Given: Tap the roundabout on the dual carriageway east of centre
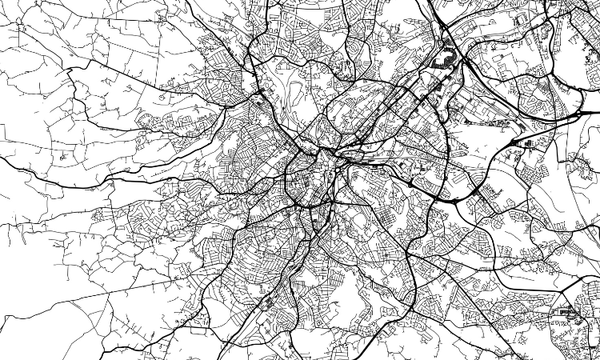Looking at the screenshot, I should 410,184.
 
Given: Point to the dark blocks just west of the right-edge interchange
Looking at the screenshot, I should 528,144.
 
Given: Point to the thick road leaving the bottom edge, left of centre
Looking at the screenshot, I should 220,358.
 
